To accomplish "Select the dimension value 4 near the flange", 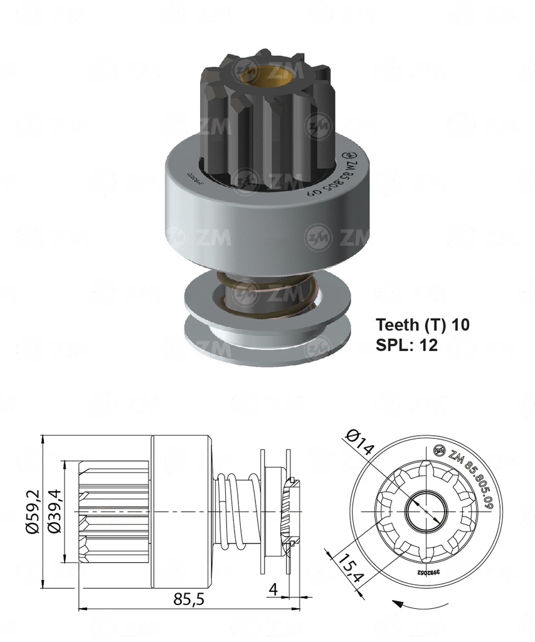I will (x=272, y=589).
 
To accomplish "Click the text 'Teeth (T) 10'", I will (x=422, y=325).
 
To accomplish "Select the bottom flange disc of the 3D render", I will (x=251, y=342).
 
